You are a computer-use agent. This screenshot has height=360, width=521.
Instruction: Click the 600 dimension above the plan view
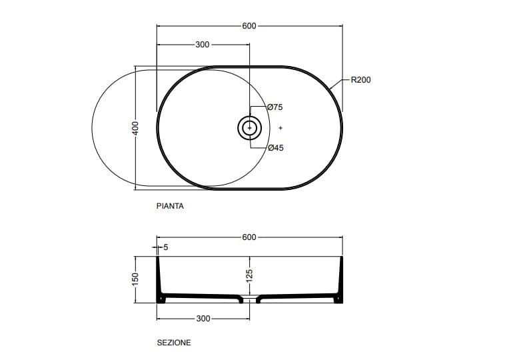point(249,26)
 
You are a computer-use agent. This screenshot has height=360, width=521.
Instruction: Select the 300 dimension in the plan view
point(203,45)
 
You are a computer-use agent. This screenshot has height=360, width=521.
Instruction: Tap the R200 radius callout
point(360,79)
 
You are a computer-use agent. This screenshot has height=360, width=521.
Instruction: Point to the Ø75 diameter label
point(275,107)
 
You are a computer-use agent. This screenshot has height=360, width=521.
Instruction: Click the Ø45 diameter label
point(275,148)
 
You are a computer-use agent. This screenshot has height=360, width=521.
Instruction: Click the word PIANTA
point(170,207)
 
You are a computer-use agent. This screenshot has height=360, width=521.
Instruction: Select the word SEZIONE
point(174,343)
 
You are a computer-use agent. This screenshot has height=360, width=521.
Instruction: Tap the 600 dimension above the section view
point(249,237)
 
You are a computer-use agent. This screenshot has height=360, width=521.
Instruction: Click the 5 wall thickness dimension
point(166,247)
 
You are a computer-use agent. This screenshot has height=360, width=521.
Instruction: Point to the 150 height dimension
point(135,279)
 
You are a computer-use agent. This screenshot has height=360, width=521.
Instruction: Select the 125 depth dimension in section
point(250,276)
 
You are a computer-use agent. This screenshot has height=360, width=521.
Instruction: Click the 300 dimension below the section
point(203,319)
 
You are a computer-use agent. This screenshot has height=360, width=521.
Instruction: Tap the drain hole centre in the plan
point(250,127)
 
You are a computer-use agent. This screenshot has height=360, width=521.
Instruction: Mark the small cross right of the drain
point(281,127)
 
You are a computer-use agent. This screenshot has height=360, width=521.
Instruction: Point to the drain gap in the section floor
point(250,298)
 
